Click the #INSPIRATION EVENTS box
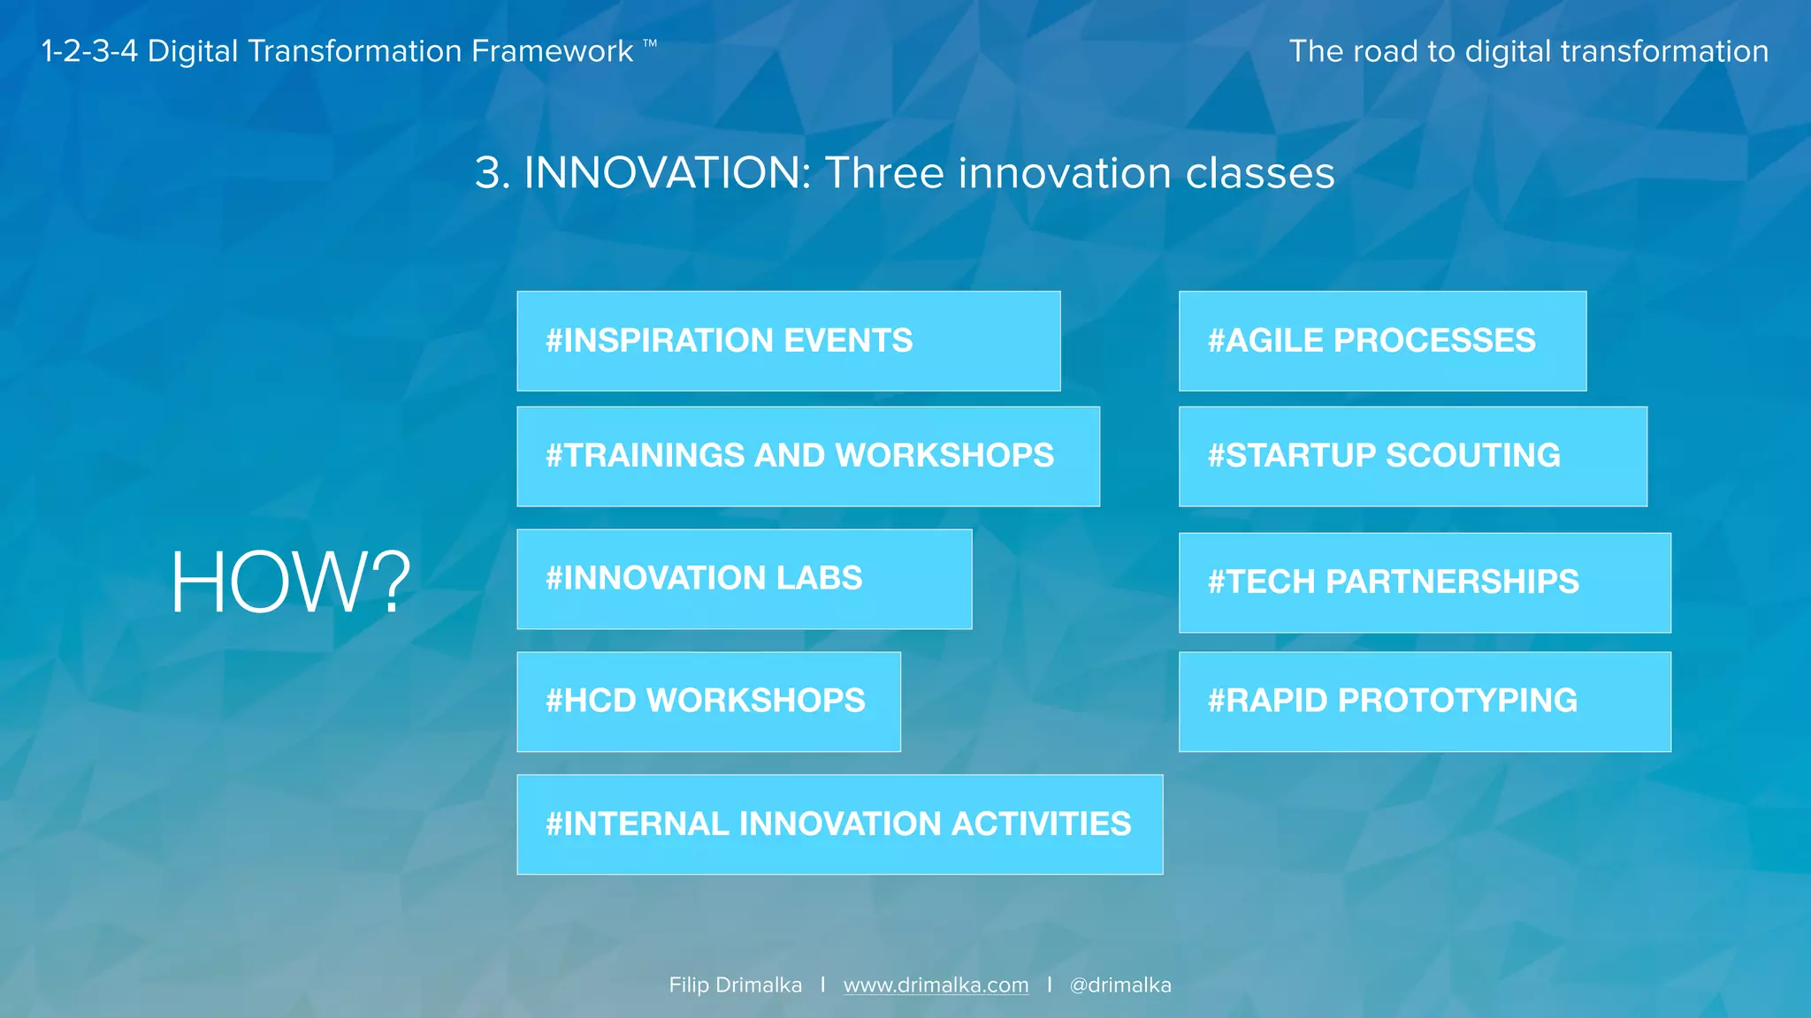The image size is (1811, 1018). tap(788, 341)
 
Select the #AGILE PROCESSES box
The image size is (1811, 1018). tap(1382, 341)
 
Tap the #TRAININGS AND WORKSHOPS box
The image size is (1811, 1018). tap(807, 456)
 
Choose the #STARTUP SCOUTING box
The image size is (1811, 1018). tap(1412, 456)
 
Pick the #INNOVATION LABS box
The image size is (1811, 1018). tap(744, 579)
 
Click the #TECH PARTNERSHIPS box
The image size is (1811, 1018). tap(1424, 582)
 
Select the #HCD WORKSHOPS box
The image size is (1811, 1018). tap(708, 702)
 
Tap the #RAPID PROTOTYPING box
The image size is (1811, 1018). tap(1424, 702)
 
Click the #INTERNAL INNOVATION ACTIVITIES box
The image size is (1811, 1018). tap(839, 824)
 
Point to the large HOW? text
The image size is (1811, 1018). tap(290, 582)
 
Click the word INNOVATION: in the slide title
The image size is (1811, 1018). tap(668, 173)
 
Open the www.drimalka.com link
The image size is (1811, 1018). tap(936, 985)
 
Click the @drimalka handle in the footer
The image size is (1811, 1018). tap(1119, 985)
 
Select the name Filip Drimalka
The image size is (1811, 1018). tap(735, 985)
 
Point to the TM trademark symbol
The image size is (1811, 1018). tap(650, 42)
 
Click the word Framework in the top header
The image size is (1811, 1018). tap(552, 51)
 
